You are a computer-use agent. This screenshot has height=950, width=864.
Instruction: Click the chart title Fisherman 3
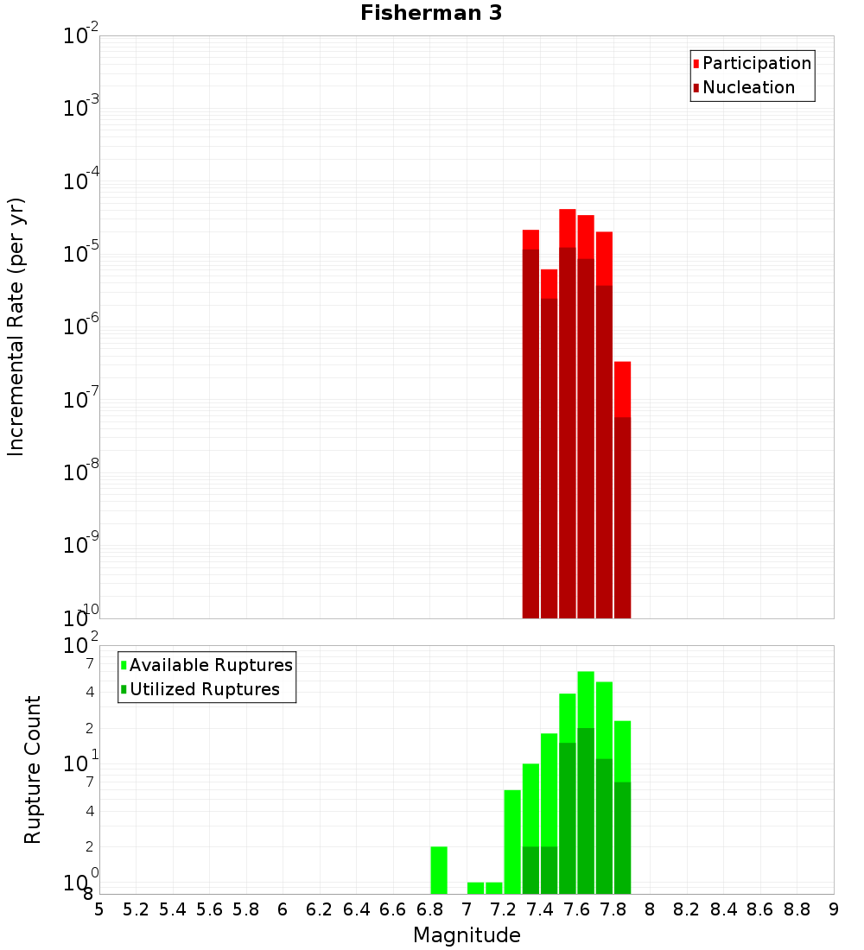coord(430,13)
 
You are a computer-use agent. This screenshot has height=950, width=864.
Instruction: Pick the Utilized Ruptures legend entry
coord(204,689)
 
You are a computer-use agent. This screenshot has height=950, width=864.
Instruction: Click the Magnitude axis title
coord(467,935)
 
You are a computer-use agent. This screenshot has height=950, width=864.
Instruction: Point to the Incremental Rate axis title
coord(16,326)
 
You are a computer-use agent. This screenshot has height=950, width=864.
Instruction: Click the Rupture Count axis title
coord(33,769)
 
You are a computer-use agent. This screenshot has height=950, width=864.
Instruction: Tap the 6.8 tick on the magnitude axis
coord(429,909)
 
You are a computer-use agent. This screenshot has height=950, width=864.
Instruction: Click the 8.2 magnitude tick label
coord(687,909)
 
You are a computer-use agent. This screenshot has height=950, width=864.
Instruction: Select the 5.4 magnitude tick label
coord(172,909)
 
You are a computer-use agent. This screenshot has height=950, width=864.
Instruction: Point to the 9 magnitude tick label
coord(833,909)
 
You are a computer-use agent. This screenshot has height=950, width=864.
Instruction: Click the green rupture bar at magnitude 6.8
coord(439,870)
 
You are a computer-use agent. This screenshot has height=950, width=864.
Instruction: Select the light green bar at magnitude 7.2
coord(494,888)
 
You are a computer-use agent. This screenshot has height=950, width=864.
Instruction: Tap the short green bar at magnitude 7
coord(475,888)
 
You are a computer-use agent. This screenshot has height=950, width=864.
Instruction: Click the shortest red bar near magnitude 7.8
coord(622,389)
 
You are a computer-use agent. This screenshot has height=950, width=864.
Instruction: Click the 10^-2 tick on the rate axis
coord(80,36)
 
